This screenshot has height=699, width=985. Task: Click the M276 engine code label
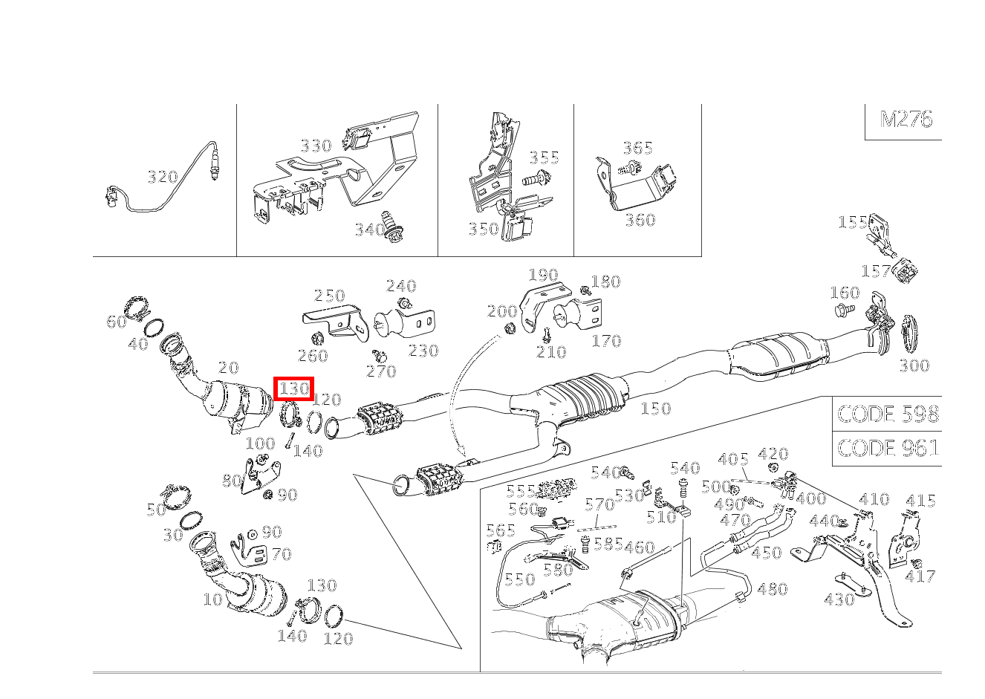905,120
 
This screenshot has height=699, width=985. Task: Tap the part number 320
163,177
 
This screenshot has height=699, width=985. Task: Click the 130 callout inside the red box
294,388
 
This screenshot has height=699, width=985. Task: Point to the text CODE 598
888,414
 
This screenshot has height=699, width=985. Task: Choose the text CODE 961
888,448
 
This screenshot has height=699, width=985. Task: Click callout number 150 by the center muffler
655,408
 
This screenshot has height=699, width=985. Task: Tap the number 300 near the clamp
914,365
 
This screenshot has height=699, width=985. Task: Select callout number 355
544,157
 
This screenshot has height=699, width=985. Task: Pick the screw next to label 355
535,178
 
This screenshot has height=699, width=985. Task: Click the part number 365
637,148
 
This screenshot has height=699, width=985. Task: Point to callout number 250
329,296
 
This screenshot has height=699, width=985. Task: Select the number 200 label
502,311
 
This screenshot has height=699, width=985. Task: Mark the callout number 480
772,589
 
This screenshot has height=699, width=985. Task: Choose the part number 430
839,599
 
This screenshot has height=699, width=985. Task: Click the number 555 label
521,491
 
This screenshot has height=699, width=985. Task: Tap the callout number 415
920,501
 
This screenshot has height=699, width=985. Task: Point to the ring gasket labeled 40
155,328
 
